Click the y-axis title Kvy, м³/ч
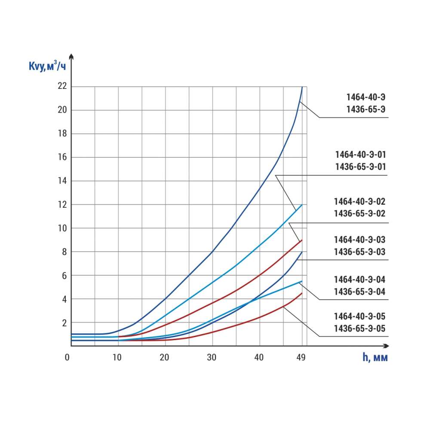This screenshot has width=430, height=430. point(48,67)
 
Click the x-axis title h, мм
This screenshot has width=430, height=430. point(375,358)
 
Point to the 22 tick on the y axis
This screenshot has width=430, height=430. point(63,86)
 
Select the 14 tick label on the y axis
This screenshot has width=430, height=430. point(63,181)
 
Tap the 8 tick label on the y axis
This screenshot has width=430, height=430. point(64,252)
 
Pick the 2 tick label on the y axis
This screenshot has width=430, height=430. point(64,322)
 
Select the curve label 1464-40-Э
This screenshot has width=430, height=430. point(366,97)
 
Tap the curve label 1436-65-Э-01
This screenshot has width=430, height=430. point(361,166)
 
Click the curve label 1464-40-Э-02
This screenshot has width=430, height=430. point(360,201)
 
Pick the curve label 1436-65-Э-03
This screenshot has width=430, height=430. point(360,252)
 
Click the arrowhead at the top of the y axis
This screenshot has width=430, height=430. point(71,56)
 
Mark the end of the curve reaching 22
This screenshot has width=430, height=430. point(302,87)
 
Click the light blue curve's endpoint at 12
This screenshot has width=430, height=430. point(302,205)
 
